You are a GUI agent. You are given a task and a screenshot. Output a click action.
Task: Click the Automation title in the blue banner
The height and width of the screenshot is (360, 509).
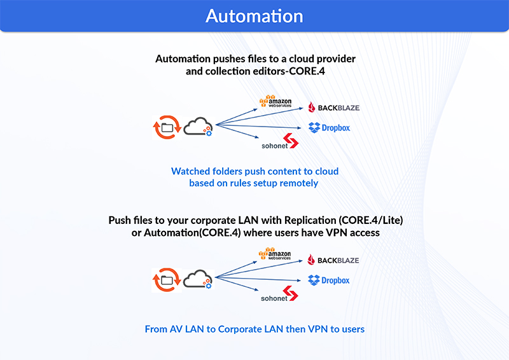point(254,16)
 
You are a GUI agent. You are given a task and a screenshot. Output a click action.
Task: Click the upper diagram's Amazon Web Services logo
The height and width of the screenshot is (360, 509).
point(275,101)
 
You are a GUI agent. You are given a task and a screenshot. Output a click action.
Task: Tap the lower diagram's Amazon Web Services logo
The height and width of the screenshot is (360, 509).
point(275,254)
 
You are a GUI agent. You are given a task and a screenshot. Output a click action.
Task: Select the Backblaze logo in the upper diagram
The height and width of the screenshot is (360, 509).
point(333,107)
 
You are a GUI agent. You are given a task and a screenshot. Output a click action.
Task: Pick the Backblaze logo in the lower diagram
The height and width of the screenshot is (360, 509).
point(333,260)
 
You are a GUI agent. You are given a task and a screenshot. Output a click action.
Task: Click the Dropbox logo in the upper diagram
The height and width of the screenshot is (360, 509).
point(329,128)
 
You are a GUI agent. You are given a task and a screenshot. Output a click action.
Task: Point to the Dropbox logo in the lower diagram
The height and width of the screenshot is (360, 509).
point(328,280)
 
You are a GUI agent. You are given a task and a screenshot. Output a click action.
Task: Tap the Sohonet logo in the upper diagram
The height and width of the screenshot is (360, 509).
point(280,141)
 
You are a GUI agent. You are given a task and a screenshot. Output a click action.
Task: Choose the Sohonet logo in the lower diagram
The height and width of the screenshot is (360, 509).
point(279,294)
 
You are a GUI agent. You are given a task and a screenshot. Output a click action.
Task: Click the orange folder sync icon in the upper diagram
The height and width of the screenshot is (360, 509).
point(167,128)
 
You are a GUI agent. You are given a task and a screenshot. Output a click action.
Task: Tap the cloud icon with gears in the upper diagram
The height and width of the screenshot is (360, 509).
point(198,127)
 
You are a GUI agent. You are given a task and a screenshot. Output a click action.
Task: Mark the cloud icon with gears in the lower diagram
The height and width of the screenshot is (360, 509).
point(198,279)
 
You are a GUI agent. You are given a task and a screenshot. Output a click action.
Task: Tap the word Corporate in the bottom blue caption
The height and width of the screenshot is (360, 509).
point(240,329)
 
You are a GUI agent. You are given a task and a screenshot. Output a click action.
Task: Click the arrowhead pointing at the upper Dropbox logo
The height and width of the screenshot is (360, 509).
point(299,128)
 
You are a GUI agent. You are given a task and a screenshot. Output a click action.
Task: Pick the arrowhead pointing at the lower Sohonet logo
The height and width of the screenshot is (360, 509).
point(256,289)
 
